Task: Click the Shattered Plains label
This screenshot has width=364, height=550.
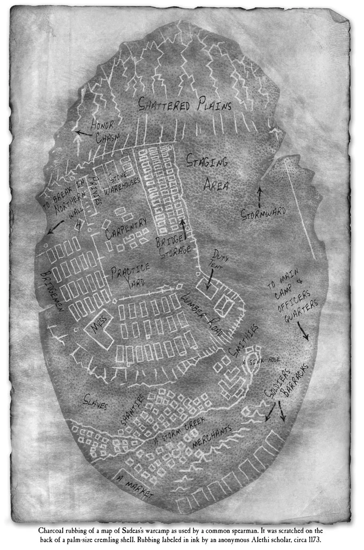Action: [185, 105]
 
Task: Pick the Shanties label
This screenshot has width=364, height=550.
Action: [133, 408]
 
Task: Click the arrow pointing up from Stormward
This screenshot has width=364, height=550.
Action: [260, 193]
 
